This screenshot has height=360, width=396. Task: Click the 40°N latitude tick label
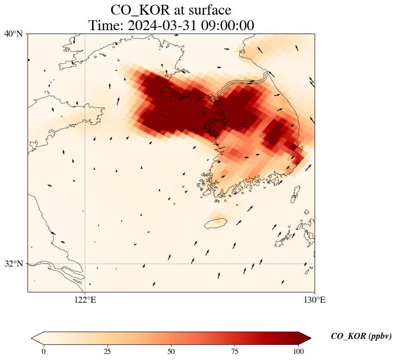pos(14,34)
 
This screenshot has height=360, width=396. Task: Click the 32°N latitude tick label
pos(14,264)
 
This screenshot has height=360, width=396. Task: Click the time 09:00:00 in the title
pos(229,25)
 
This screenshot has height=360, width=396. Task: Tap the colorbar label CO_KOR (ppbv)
pos(361,336)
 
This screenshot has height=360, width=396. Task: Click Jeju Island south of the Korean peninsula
pos(216,223)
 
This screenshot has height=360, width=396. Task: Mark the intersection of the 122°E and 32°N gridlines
pos(85,264)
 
